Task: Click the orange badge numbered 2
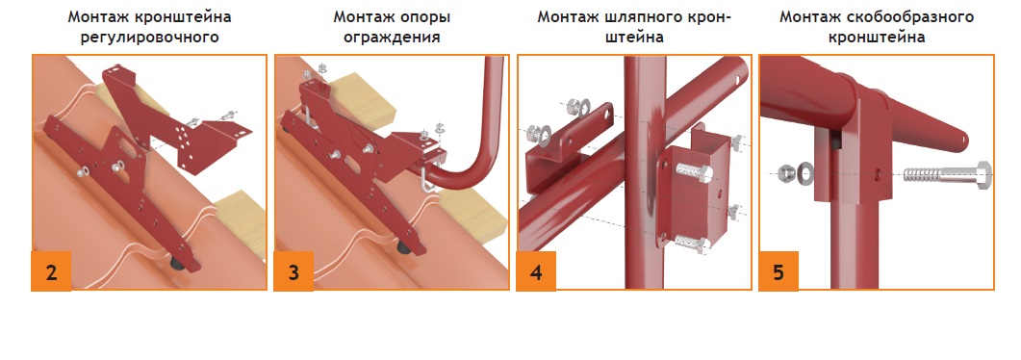51,271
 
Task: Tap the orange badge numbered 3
294,271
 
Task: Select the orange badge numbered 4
536,271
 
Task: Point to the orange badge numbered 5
779,271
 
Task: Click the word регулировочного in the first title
149,38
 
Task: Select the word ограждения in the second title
392,38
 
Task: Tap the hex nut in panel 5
786,173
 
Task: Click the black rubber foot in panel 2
177,262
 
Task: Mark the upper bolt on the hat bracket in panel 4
696,172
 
